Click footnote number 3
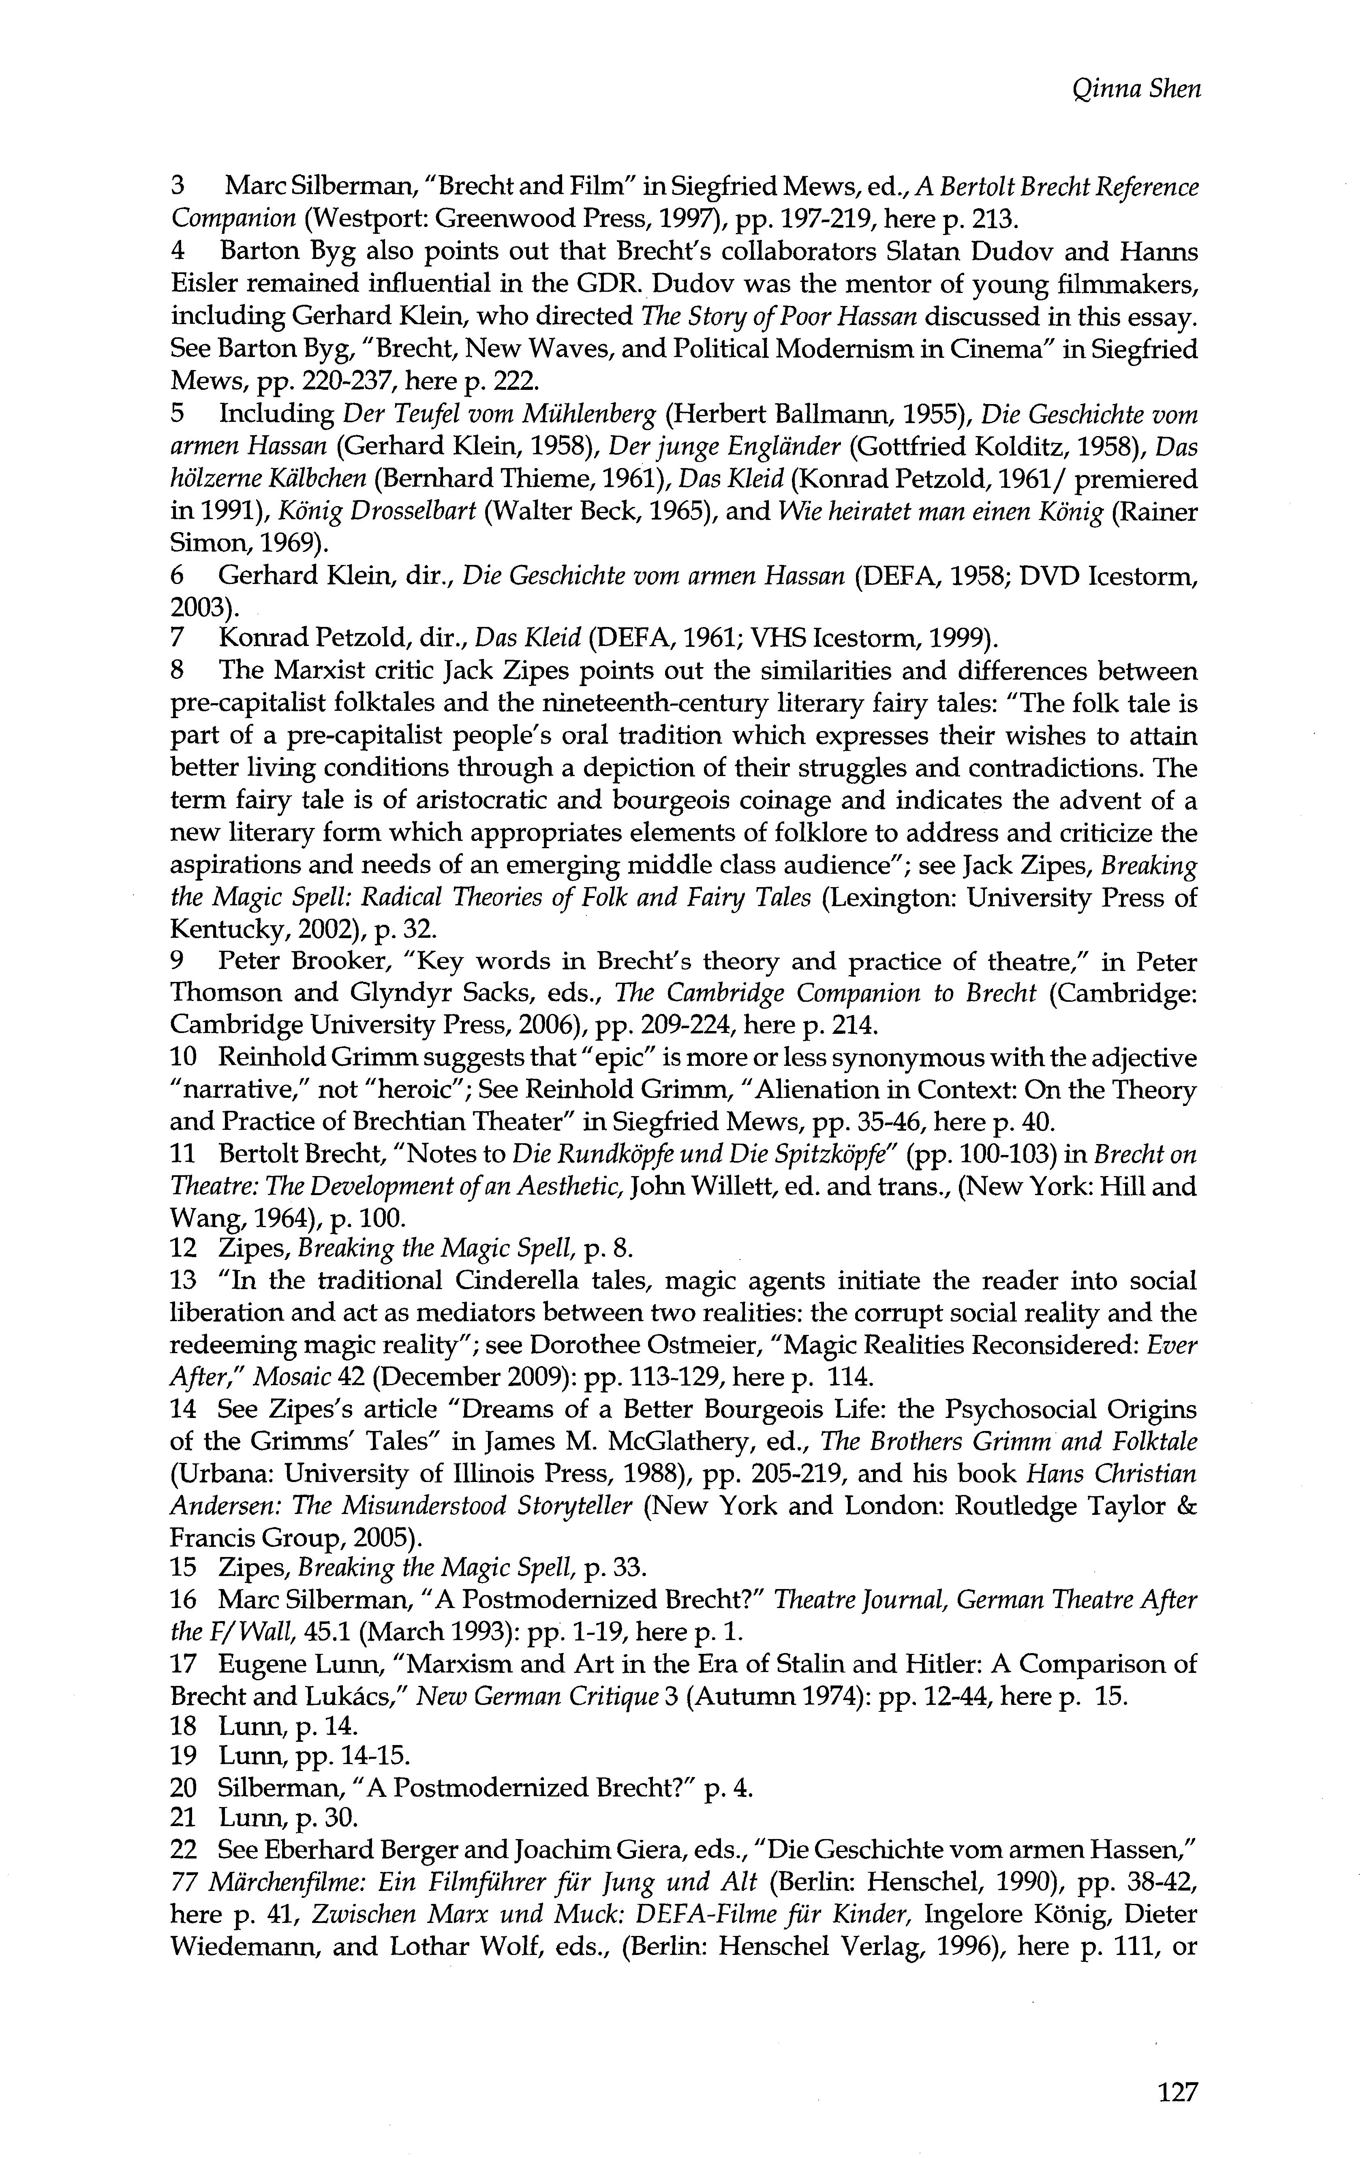pos(178,187)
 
